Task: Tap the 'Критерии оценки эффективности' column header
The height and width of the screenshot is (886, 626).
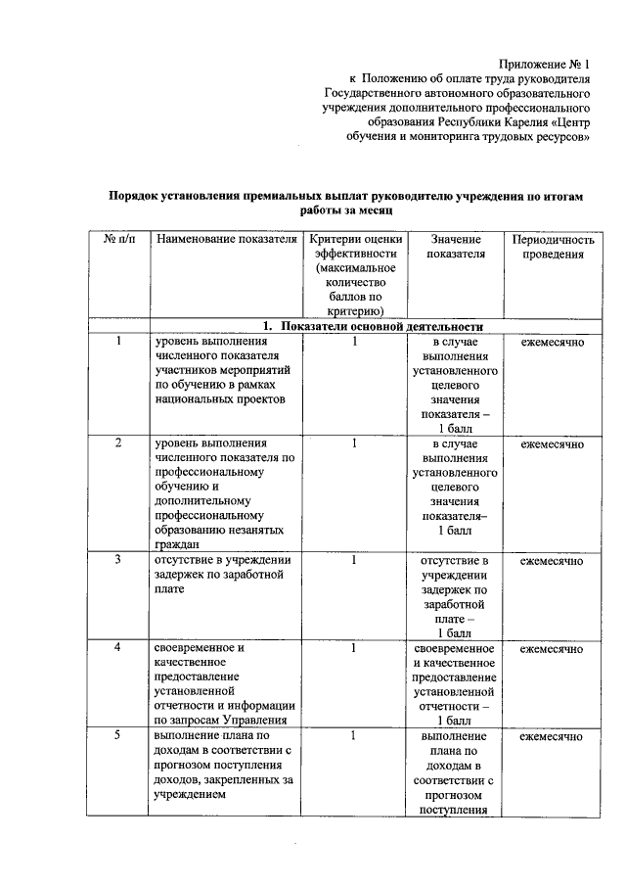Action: (x=355, y=275)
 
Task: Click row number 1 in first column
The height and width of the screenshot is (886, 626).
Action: (x=119, y=342)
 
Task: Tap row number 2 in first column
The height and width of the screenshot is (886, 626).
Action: (x=119, y=443)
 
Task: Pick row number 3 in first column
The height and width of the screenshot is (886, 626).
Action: (x=119, y=560)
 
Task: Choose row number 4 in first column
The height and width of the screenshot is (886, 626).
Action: (x=119, y=648)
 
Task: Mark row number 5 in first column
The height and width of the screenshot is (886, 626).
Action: (x=119, y=735)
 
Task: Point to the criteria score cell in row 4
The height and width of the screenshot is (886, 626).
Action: (x=355, y=648)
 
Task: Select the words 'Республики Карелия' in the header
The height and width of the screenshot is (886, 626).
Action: (x=492, y=122)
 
